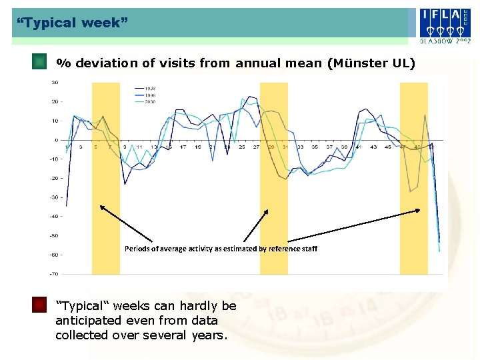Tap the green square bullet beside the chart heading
pyautogui.click(x=40, y=63)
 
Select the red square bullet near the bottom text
pyautogui.click(x=40, y=305)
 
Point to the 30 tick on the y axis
pyautogui.click(x=54, y=83)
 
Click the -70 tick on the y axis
pyautogui.click(x=53, y=274)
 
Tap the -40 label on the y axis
pyautogui.click(x=53, y=217)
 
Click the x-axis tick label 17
pyautogui.click(x=183, y=147)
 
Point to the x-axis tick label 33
pyautogui.click(x=300, y=147)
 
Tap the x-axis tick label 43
pyautogui.click(x=373, y=147)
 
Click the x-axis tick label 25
pyautogui.click(x=241, y=147)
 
